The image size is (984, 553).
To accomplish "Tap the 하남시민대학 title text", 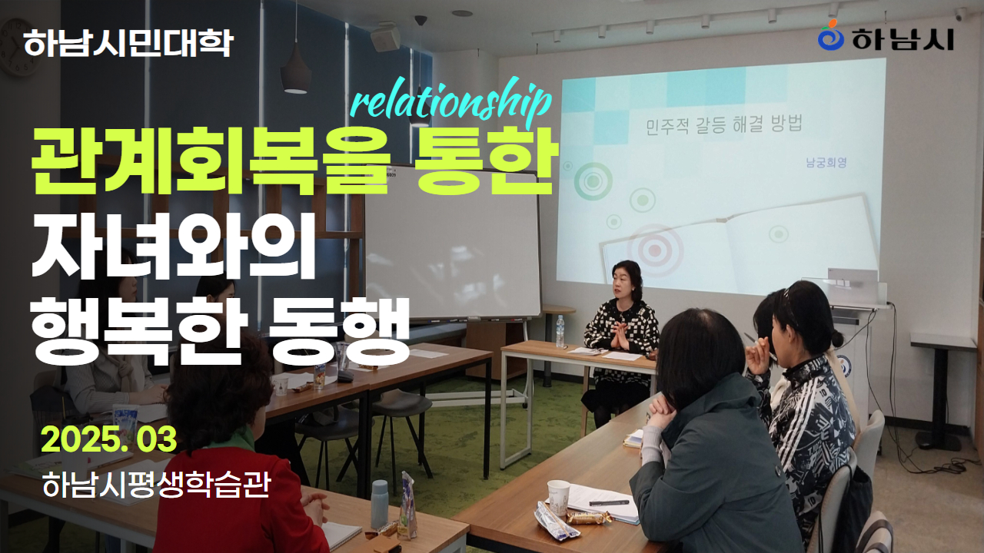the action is point(128,43).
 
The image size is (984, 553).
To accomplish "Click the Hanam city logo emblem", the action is point(830,35).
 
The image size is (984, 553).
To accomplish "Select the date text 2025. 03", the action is point(109,439).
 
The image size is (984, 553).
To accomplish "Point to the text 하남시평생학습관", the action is point(156,485).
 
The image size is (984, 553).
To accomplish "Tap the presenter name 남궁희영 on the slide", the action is point(826,163).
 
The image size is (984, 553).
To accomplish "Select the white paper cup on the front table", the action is point(558,497).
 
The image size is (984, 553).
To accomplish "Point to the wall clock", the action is point(18,48).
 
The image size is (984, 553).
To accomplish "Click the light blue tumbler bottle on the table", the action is point(380,504).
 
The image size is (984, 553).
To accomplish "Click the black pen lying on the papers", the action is point(608,502).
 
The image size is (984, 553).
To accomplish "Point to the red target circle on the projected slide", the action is point(654,250).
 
